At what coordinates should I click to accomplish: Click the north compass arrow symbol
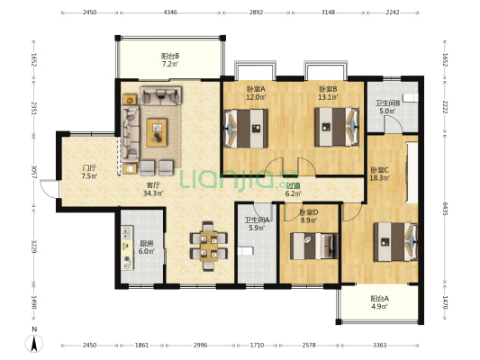[34, 343]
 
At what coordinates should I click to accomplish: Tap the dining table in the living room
[209, 246]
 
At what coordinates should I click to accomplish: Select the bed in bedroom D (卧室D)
[313, 246]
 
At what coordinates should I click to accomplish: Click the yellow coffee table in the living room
[157, 132]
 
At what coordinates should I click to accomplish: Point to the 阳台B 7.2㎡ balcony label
[170, 60]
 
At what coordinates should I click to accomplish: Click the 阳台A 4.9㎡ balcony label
[380, 302]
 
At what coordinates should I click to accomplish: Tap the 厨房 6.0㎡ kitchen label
[147, 247]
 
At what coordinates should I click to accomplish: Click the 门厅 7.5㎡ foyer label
[89, 172]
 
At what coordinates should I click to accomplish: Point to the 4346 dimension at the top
[170, 13]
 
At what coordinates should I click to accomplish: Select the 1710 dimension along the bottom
[258, 346]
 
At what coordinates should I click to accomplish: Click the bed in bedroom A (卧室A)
[246, 129]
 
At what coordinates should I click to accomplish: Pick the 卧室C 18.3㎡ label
[380, 174]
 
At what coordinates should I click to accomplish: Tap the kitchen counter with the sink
[127, 247]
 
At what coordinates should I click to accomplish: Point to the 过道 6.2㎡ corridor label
[294, 190]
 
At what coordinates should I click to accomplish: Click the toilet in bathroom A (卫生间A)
[246, 251]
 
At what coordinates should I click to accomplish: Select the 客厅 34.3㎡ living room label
[153, 189]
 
